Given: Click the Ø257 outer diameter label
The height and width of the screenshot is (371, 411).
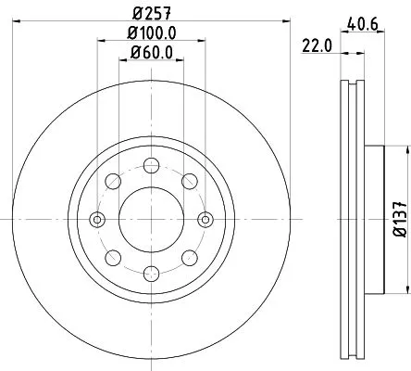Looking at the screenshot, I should click(x=151, y=14).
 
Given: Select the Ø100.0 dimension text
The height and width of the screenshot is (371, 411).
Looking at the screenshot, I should click(x=151, y=33).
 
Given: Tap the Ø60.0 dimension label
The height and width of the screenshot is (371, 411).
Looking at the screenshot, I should click(x=151, y=52).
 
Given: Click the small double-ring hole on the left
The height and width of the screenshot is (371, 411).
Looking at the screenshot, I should click(x=96, y=220).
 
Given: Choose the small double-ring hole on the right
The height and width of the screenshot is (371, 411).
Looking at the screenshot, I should click(x=205, y=220).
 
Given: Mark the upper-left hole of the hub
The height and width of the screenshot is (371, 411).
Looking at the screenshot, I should click(x=112, y=181).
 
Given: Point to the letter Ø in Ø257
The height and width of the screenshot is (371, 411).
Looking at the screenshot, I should click(x=137, y=14).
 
